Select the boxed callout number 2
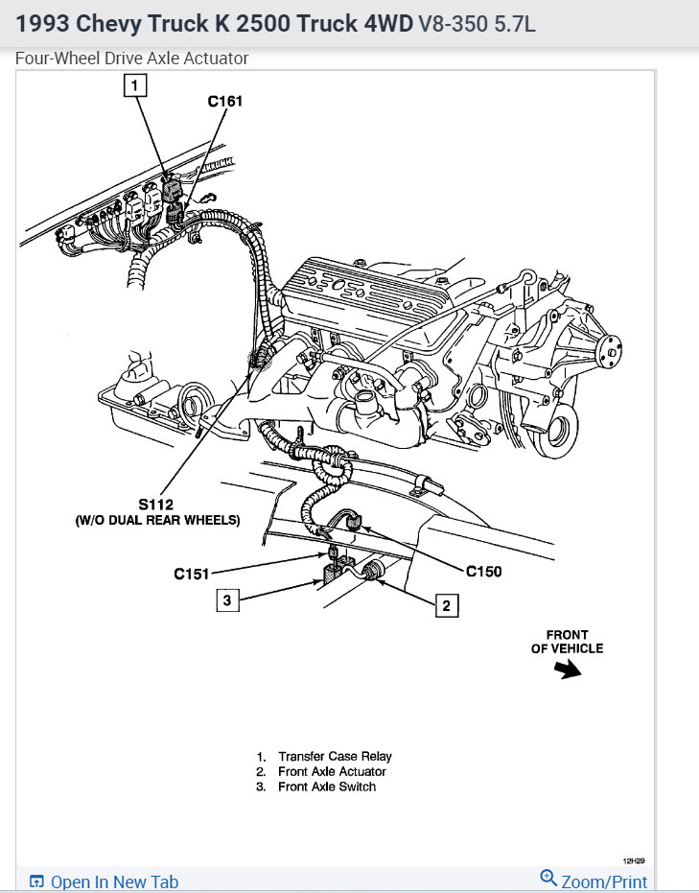[x=444, y=605]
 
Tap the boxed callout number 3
[x=227, y=600]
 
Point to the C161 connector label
[x=227, y=99]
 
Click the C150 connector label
[x=483, y=572]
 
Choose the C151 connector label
[x=192, y=574]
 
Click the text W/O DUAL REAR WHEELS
[x=157, y=520]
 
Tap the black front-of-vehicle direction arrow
[x=570, y=670]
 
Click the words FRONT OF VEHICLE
[x=568, y=642]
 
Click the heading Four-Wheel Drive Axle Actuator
[x=132, y=59]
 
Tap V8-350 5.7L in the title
[x=478, y=23]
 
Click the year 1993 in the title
[x=41, y=23]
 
